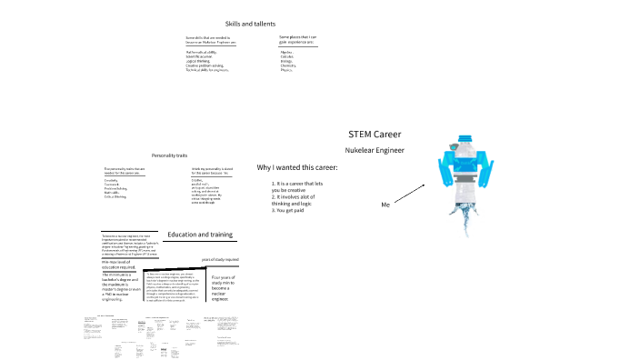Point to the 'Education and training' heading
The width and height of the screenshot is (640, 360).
(x=200, y=235)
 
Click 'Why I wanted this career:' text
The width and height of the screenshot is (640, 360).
(x=297, y=168)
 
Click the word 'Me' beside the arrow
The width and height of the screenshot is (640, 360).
(x=385, y=205)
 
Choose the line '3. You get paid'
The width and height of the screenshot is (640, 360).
(x=291, y=211)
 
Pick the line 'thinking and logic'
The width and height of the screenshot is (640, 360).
(x=297, y=205)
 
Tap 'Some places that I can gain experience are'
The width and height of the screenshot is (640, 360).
(x=303, y=38)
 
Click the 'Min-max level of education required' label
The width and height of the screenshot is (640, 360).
(x=118, y=264)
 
